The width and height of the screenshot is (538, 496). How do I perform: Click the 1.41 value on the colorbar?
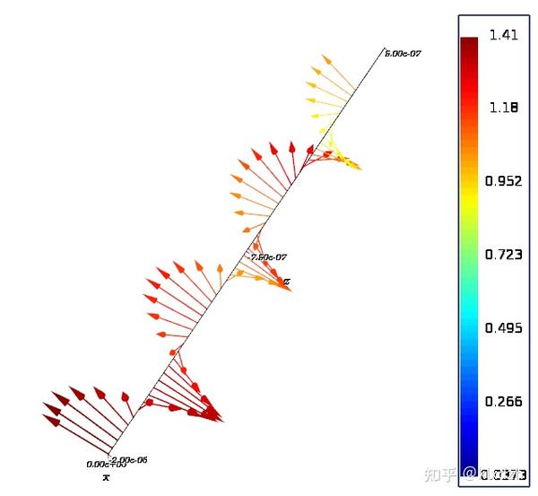pos(503,35)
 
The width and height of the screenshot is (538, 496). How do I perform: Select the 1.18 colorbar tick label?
pos(503,108)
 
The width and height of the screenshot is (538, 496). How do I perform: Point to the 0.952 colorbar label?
pos(503,181)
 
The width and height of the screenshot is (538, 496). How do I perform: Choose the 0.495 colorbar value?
pos(503,328)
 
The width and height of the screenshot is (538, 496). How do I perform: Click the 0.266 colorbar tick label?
pos(503,402)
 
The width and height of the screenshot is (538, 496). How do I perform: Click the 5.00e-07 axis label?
pos(403,54)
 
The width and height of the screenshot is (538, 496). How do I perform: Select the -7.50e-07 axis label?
pos(268,257)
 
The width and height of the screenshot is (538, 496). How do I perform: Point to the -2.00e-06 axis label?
pos(127,460)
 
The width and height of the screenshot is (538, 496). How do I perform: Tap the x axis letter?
pos(106,477)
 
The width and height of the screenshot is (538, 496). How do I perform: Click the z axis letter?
pos(287,282)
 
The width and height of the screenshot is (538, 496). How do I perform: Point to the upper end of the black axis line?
pos(384,49)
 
